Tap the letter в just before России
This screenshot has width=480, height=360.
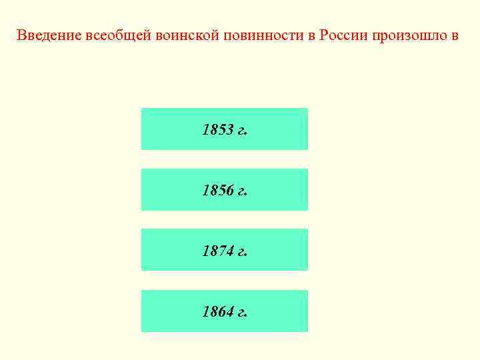[310, 35]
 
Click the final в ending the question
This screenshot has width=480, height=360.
[455, 35]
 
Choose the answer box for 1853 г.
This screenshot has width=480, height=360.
[224, 129]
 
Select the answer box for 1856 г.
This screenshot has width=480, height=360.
[224, 189]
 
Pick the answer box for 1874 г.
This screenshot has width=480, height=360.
[224, 250]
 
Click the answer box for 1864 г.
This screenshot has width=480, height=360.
[224, 311]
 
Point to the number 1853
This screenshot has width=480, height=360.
[217, 130]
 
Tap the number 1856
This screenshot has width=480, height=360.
[217, 191]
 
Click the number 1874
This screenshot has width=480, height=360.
[217, 251]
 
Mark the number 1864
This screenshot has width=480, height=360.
[217, 312]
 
